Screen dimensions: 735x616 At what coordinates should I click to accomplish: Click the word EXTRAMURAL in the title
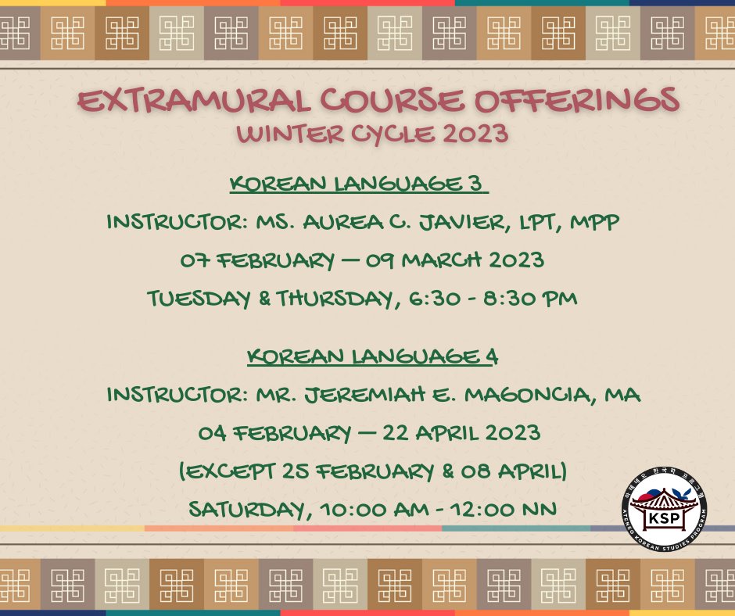[x=194, y=100]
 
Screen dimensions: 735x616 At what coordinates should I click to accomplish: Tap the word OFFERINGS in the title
[x=577, y=99]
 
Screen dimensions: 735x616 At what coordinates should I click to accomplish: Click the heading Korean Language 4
[x=373, y=356]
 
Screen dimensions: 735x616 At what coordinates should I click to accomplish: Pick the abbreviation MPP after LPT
[x=594, y=222]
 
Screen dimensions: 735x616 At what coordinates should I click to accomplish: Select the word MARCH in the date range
[x=442, y=260]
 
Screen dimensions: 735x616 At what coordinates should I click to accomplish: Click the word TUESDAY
[x=199, y=299]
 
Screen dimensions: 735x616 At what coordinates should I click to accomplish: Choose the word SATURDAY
[x=249, y=509]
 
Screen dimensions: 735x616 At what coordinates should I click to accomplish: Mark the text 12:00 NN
[x=504, y=509]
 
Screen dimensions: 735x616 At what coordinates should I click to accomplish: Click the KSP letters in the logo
[x=664, y=518]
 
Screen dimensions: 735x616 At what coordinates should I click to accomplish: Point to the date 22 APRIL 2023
[x=461, y=433]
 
